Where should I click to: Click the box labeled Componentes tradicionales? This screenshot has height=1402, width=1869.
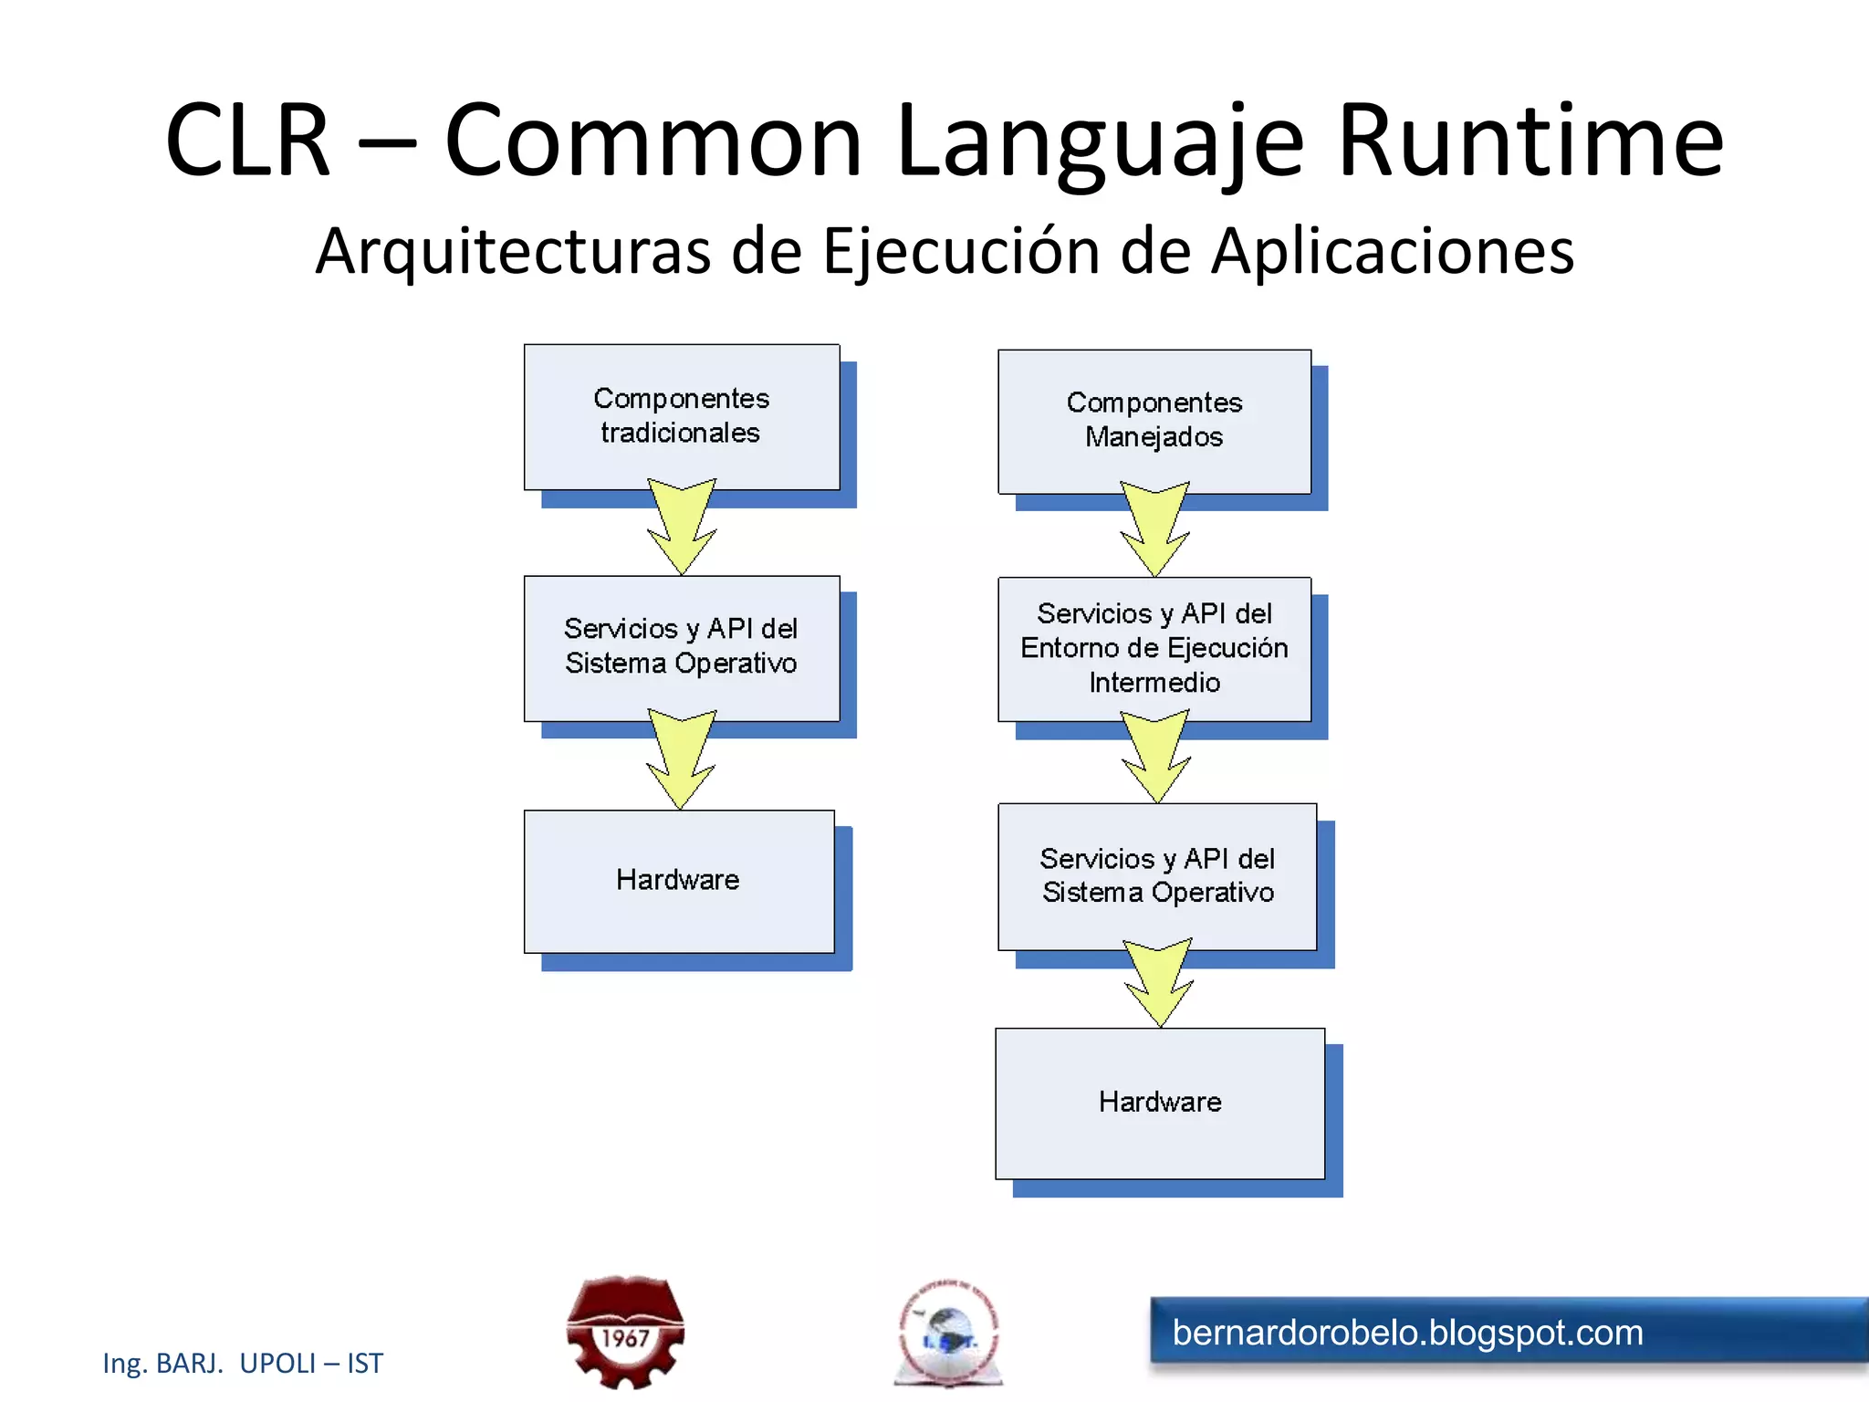click(x=681, y=416)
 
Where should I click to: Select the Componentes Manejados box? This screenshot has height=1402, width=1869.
click(x=1154, y=421)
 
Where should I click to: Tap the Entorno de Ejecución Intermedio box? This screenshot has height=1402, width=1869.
click(x=1154, y=648)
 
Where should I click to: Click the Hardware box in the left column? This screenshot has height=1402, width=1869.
click(x=678, y=880)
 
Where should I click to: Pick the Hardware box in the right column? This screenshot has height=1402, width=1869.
click(x=1159, y=1102)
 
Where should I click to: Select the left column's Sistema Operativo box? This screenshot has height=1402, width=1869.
click(x=681, y=646)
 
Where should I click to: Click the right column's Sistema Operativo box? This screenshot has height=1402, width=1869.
click(x=1157, y=875)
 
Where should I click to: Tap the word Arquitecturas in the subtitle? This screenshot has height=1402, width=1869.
click(x=512, y=251)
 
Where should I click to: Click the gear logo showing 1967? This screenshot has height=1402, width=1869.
click(x=625, y=1332)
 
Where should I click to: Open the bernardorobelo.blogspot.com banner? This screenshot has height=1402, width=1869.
click(x=1506, y=1333)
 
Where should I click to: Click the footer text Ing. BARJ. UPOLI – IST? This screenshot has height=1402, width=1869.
click(x=243, y=1363)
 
